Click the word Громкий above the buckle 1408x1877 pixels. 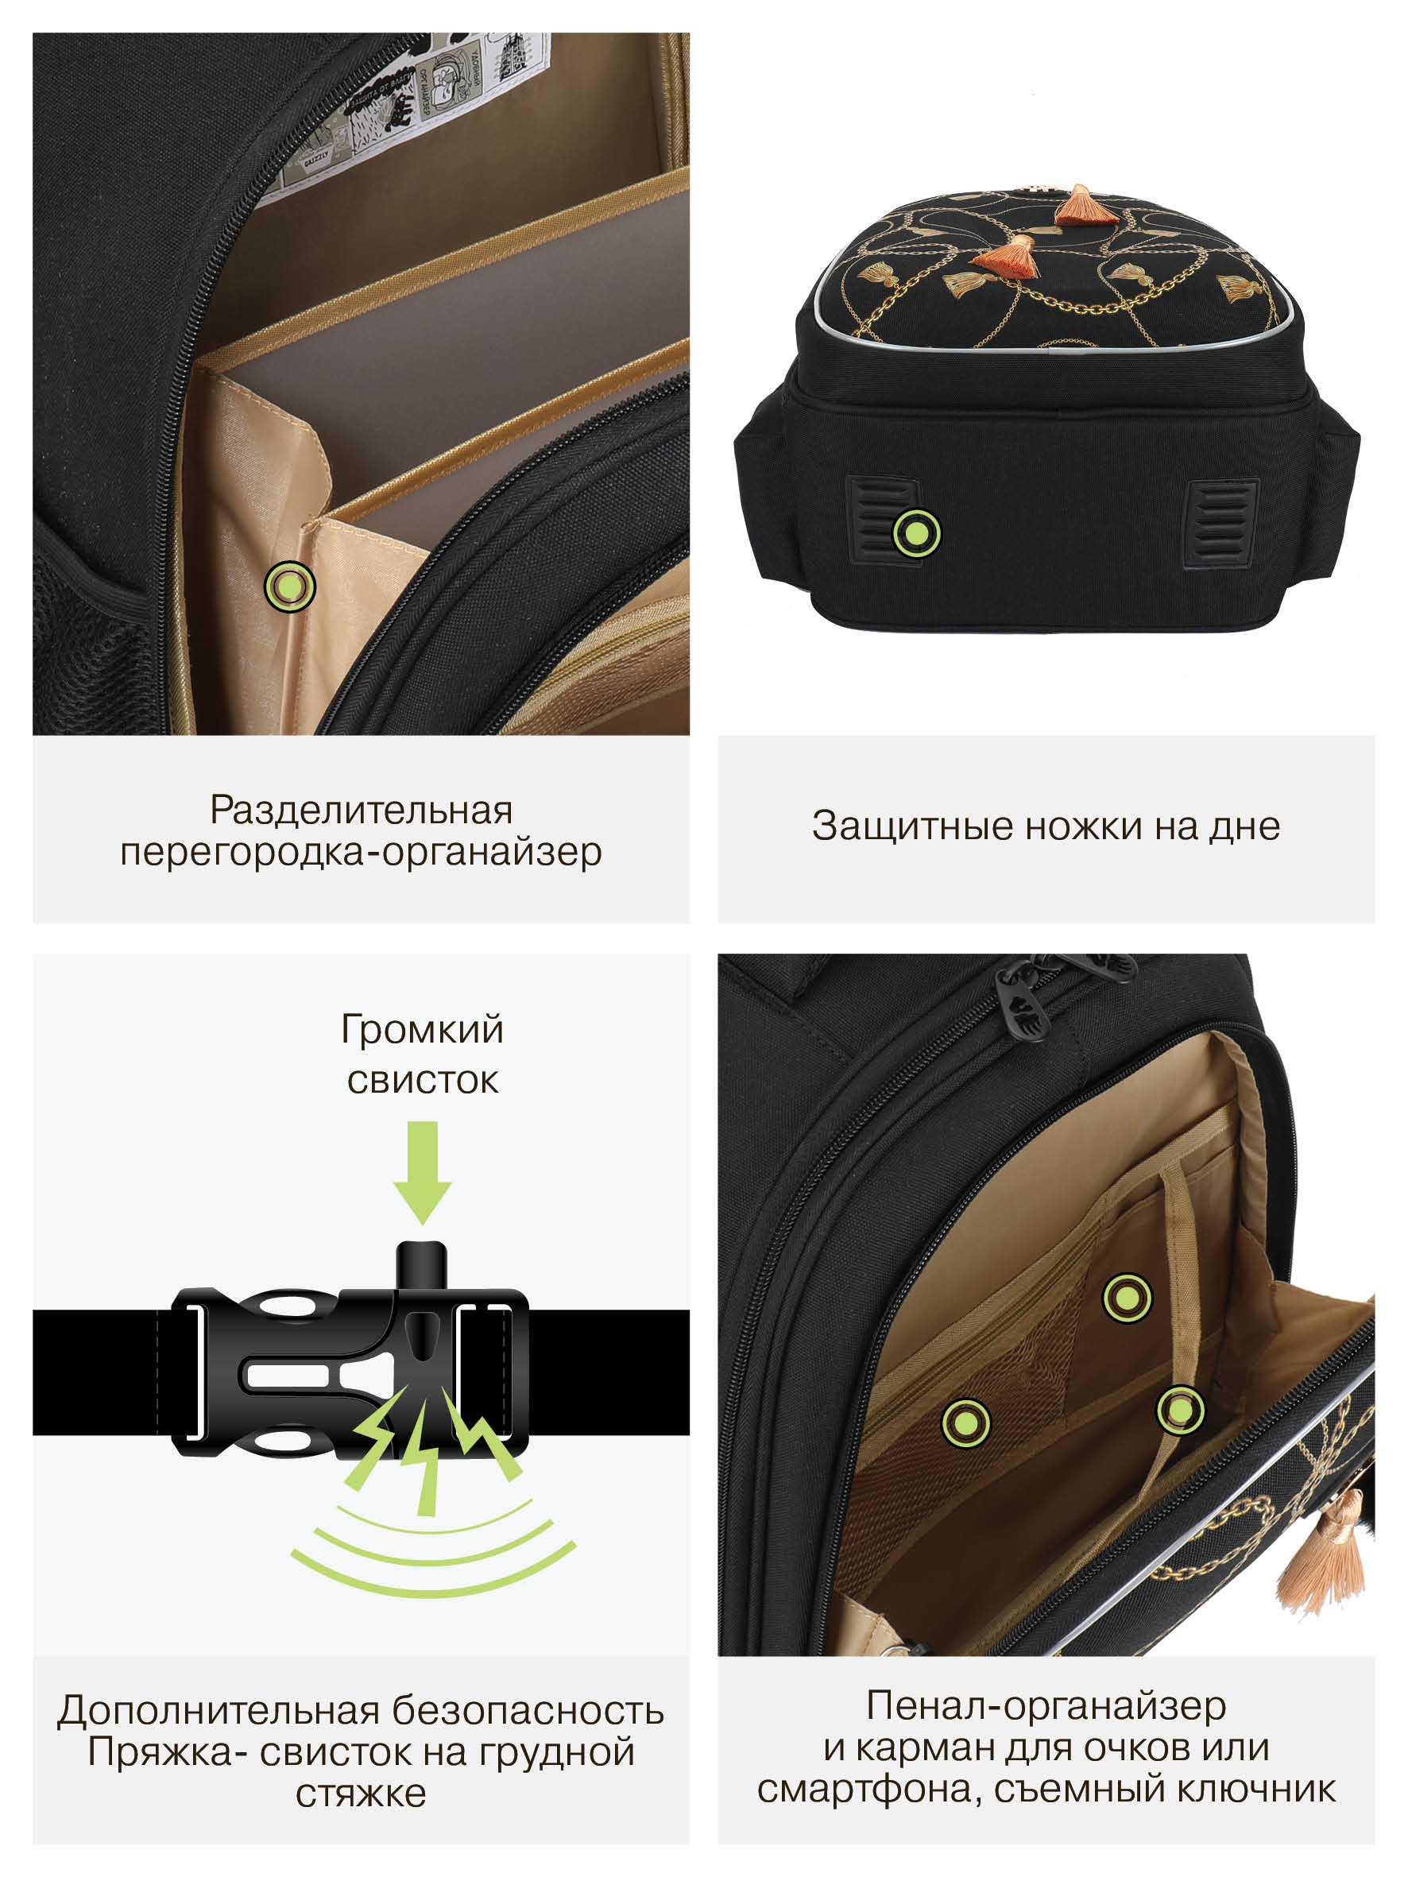pos(422,1030)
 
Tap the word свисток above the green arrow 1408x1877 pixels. pos(423,1081)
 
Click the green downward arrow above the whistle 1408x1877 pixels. pos(423,1173)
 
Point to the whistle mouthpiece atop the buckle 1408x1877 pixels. pos(422,1264)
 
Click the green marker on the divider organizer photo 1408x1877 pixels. pos(289,586)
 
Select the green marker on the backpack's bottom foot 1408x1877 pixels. pos(917,533)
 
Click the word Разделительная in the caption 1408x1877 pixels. pos(362,810)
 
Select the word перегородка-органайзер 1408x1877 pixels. pos(362,852)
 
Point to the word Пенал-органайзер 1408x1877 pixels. pos(1046,1705)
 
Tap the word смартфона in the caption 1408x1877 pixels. pos(869,1790)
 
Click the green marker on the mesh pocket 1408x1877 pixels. pos(966,1423)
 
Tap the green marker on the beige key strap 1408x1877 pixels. pos(1180,1411)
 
